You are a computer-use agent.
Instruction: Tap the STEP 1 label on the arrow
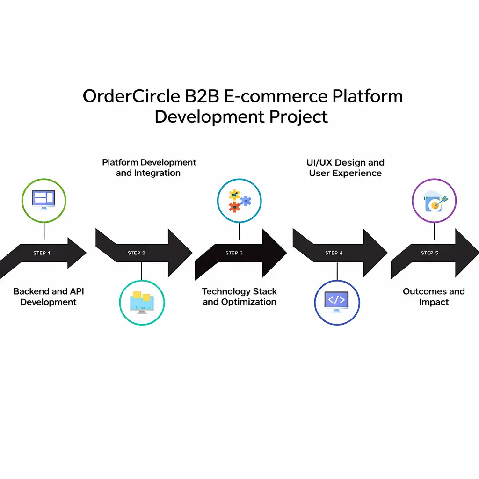(x=42, y=253)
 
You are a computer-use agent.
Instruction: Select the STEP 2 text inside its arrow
(x=137, y=253)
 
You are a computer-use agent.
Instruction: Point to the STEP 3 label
(x=234, y=253)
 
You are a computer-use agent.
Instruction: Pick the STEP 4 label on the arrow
(x=334, y=253)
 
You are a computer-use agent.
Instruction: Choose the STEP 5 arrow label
(x=430, y=253)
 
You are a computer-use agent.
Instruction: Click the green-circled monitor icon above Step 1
(x=44, y=200)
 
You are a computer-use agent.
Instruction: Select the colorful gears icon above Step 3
(x=239, y=201)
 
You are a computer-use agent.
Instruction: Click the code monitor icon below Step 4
(x=337, y=302)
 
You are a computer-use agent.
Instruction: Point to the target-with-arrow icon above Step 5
(x=434, y=201)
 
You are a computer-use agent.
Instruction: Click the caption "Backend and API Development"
(x=49, y=297)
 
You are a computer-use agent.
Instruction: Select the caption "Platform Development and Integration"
(x=149, y=167)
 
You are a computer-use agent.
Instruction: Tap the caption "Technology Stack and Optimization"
(x=239, y=297)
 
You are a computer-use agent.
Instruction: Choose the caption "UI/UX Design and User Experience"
(x=346, y=167)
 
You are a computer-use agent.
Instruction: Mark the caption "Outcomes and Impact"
(x=434, y=297)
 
